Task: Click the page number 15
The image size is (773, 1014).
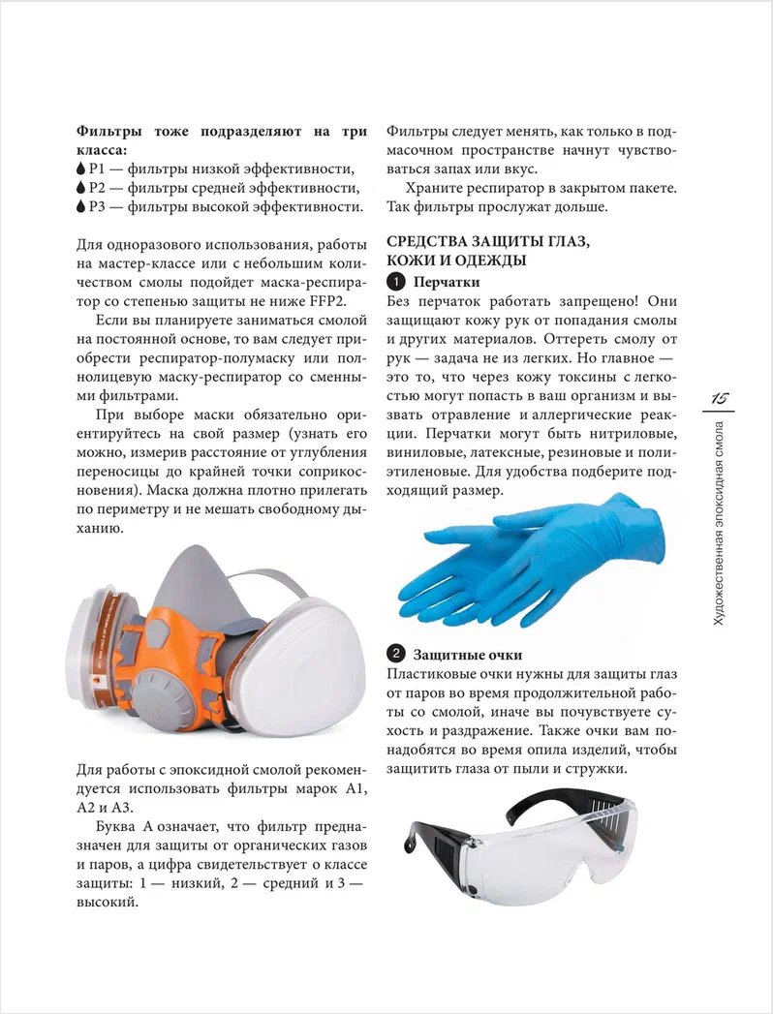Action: point(721,398)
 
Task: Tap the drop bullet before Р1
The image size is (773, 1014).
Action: point(80,168)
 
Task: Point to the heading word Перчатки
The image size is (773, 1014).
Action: point(446,282)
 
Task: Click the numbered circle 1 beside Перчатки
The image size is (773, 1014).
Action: point(395,282)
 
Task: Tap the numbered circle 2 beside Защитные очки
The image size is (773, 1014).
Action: point(395,654)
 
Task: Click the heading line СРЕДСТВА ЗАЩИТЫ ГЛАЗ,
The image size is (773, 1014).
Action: point(474,241)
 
